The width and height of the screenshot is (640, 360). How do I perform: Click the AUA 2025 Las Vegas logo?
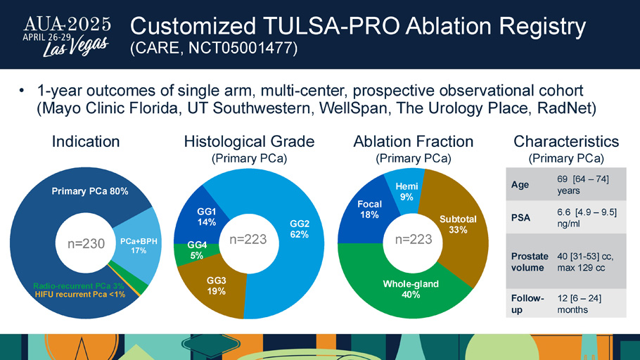67,37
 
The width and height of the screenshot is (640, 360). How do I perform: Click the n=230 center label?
86,244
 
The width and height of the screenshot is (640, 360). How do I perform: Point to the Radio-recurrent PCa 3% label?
78,286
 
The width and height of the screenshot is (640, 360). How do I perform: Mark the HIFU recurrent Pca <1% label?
80,295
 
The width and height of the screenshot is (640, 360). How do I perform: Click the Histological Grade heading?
249,141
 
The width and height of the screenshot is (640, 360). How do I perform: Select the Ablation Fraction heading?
413,141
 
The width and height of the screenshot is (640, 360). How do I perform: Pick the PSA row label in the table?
521,217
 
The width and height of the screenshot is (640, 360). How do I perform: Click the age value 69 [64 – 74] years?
583,185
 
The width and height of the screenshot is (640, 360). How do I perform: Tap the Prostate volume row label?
530,262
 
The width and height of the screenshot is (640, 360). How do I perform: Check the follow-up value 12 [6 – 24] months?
579,304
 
